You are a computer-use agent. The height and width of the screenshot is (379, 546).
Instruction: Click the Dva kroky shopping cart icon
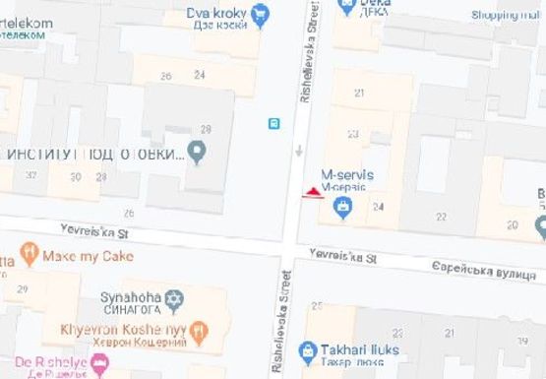260,14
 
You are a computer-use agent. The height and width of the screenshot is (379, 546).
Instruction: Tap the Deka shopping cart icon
346,7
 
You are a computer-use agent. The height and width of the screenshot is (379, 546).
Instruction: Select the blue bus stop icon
273,123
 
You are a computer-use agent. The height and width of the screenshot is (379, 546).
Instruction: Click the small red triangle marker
313,192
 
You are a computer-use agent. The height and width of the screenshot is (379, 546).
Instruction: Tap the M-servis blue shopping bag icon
342,207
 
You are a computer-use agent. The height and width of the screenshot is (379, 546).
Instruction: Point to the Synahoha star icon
174,297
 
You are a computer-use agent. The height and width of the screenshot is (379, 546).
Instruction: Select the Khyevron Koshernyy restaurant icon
198,329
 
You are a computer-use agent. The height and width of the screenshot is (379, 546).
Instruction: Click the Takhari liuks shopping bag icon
308,349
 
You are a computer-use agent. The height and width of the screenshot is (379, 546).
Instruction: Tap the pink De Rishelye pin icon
99,366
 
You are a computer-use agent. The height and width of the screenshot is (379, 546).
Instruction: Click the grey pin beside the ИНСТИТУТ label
197,153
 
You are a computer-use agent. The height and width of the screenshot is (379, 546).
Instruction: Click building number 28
206,129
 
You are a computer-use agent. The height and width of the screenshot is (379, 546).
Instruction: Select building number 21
358,93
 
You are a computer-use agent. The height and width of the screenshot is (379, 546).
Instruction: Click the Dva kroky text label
215,13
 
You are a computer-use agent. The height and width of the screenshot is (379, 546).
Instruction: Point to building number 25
317,306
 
